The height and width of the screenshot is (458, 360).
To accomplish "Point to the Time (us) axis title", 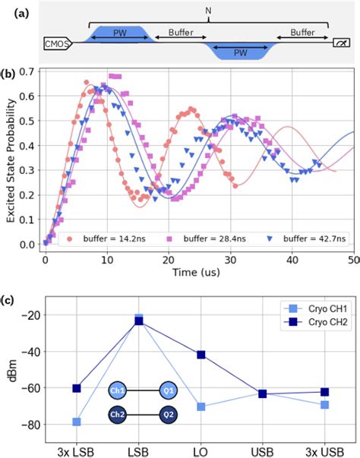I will pos(194,270).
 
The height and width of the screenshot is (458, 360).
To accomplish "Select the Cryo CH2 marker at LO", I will pos(201,355).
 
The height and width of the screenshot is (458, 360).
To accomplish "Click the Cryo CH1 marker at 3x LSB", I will pos(77,422).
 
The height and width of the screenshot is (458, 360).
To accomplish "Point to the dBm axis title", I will pos(11,374).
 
